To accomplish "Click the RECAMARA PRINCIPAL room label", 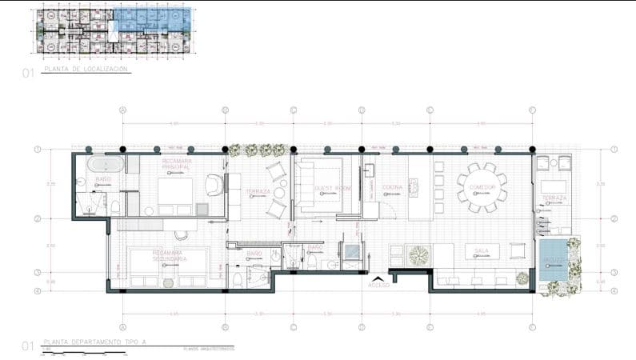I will (176, 163).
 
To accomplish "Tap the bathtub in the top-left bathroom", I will (106, 165).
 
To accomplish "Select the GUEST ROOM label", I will (332, 188).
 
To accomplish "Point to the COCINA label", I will (392, 187).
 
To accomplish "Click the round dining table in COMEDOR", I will (482, 187).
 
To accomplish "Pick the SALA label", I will (482, 250).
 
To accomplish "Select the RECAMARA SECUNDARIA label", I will (169, 256).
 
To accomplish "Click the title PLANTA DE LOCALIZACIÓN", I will (85, 70).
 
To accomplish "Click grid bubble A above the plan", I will (122, 110).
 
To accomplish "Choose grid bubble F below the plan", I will (532, 327).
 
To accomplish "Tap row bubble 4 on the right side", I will (614, 290).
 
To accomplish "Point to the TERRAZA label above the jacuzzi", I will (554, 197).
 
